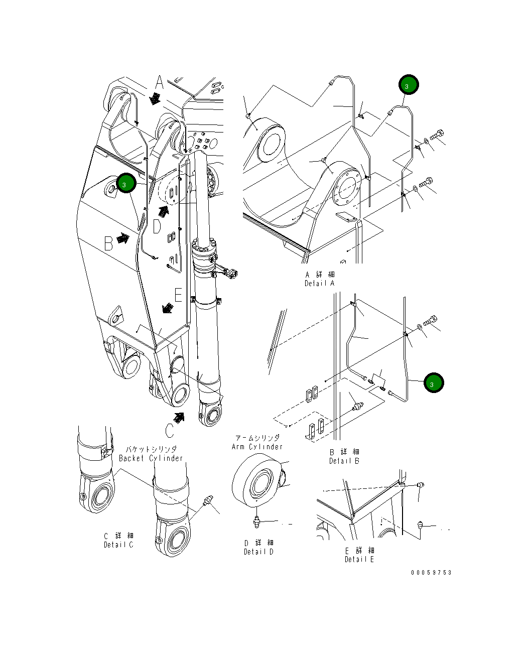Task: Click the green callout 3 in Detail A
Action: tap(409, 85)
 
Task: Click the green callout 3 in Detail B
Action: tap(433, 383)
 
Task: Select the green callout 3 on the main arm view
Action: tap(126, 183)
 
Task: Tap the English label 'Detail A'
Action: tap(319, 284)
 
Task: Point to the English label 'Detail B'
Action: tap(344, 461)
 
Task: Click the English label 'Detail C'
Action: tap(118, 545)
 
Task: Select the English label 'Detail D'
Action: tap(258, 552)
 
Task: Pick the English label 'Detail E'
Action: tap(359, 559)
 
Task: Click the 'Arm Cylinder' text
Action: tap(257, 447)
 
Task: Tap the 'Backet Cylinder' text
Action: tap(151, 458)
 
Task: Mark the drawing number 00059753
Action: tap(431, 573)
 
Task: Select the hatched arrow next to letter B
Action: tap(122, 238)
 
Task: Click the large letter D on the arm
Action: tap(157, 227)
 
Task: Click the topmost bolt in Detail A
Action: tap(437, 135)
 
